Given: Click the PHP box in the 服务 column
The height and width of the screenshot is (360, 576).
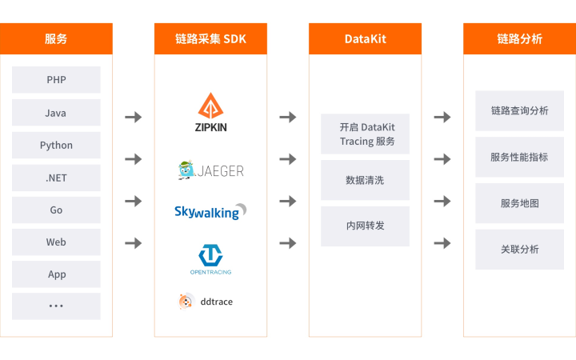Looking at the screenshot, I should (56, 80).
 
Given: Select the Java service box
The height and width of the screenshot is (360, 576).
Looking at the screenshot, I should (56, 113).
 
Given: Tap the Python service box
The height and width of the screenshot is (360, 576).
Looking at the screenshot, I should (56, 145).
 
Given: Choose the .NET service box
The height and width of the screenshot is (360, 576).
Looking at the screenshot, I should (56, 178).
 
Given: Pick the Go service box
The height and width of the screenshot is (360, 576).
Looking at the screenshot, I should (56, 210).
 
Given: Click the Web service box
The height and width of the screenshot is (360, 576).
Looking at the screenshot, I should (56, 242).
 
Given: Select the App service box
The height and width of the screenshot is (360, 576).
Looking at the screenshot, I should (56, 274).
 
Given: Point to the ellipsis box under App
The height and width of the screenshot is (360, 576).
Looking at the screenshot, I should (56, 306).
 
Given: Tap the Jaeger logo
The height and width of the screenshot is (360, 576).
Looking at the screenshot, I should (210, 170).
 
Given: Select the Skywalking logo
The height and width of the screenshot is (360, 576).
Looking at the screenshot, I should (210, 212).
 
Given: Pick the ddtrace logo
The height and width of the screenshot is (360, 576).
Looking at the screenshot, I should (206, 301).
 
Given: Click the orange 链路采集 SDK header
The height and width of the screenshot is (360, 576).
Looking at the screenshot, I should (210, 38).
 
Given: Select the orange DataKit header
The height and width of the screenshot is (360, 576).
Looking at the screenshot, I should (365, 38).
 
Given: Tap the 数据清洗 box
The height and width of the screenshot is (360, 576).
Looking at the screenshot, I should (365, 180).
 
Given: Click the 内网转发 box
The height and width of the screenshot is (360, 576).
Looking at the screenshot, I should (365, 226).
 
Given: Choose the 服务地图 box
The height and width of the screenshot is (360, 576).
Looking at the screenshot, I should (519, 203).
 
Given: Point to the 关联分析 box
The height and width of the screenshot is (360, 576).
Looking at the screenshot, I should (519, 250).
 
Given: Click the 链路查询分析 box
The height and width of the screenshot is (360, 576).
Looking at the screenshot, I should (519, 110).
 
